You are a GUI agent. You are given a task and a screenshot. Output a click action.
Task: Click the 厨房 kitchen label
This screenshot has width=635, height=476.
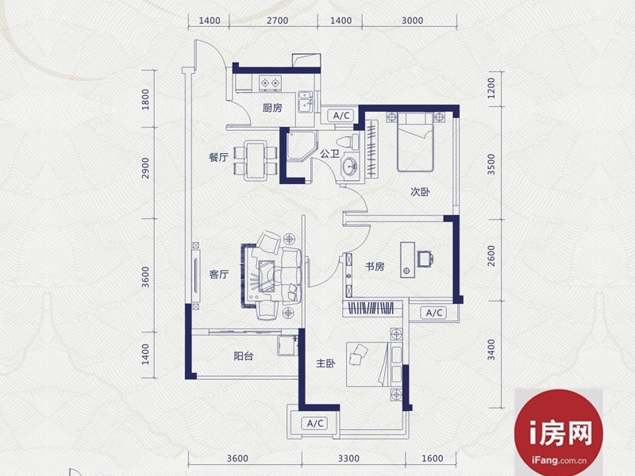[272, 108]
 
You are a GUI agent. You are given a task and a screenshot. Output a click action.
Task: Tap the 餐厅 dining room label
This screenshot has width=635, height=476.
[219, 157]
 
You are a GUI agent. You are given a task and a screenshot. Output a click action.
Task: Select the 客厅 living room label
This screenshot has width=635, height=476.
[219, 274]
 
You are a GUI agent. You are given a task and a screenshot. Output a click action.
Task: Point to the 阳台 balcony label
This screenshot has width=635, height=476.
[244, 356]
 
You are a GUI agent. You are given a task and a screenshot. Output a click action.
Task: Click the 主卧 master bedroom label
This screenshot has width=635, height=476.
[325, 363]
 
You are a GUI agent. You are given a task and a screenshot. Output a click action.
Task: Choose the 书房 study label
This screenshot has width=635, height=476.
[375, 267]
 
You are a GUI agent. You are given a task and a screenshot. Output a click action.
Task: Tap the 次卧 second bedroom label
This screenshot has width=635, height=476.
[421, 192]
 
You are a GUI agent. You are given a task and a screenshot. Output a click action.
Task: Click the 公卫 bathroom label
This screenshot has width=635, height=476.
[329, 154]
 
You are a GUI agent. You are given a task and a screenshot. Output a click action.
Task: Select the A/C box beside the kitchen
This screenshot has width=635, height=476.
[341, 116]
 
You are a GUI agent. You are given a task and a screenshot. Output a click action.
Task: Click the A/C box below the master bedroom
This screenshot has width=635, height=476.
[315, 424]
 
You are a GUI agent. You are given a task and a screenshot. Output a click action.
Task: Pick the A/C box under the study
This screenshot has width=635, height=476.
[433, 313]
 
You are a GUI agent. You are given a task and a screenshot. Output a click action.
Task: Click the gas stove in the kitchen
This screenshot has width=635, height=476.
[270, 83]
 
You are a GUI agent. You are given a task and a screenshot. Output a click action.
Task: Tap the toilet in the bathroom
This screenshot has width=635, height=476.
[348, 143]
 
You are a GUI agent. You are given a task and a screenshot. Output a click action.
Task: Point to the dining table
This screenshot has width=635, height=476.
[255, 160]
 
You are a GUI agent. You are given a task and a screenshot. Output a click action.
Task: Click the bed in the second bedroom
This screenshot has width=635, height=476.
[415, 142]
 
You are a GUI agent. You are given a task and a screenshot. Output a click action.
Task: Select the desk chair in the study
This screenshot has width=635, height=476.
[425, 259]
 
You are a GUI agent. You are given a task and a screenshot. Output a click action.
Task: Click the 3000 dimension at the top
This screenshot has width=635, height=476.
[412, 21]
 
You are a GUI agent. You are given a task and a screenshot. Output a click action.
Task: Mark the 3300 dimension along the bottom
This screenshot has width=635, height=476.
[348, 459]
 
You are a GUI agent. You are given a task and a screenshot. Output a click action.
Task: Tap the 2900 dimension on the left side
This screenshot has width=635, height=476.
[146, 168]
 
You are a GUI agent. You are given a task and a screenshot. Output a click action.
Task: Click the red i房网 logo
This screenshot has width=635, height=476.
[559, 432]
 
